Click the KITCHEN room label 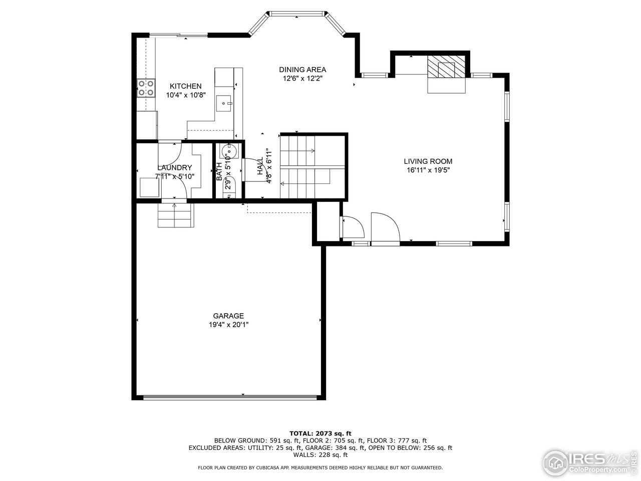185,86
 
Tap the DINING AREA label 302,70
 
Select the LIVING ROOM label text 428,161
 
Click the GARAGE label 228,316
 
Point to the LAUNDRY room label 174,167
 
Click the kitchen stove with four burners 146,88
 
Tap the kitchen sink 224,104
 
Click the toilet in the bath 230,150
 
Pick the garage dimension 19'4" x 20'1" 228,325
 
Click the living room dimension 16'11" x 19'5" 428,170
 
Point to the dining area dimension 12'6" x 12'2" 302,78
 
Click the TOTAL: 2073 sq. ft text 320,433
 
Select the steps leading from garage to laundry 175,216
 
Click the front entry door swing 385,228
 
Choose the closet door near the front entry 352,228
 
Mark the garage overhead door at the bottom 230,398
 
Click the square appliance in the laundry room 150,187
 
